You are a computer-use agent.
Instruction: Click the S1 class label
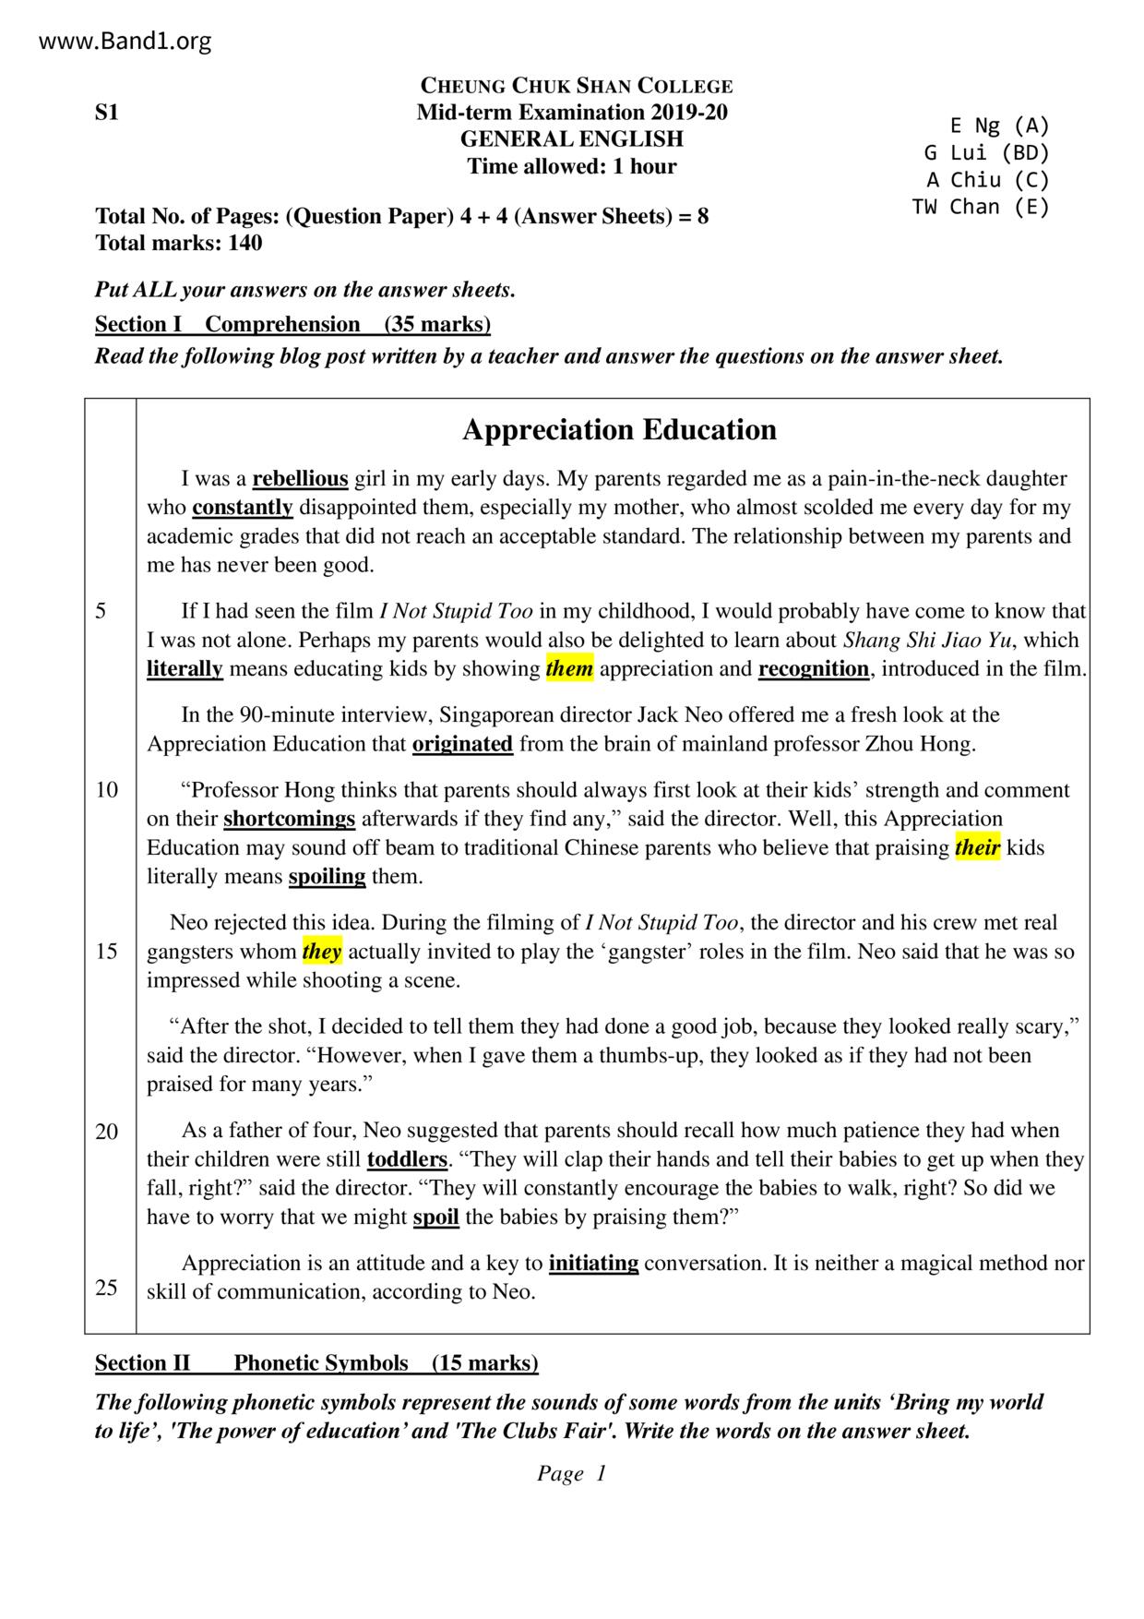107,113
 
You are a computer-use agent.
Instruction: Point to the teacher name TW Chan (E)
981,207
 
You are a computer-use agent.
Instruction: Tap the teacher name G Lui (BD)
986,153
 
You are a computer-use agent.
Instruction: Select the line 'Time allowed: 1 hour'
571,167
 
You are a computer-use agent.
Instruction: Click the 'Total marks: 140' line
178,244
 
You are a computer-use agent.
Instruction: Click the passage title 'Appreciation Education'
619,430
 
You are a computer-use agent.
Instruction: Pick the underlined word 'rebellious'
300,479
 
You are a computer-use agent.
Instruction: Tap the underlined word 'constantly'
243,508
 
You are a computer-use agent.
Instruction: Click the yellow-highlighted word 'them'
569,669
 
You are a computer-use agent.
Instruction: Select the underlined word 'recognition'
813,669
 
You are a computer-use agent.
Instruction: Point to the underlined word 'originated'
462,744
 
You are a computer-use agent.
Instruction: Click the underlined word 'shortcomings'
289,820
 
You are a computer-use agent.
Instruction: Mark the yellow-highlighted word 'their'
977,848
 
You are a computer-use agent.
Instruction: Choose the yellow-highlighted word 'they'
322,952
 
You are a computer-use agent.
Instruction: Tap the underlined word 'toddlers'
407,1159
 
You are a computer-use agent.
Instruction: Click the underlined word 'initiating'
593,1264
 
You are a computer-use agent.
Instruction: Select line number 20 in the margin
107,1132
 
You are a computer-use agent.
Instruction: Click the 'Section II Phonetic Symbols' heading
316,1363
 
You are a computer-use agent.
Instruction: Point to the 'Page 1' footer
571,1474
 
